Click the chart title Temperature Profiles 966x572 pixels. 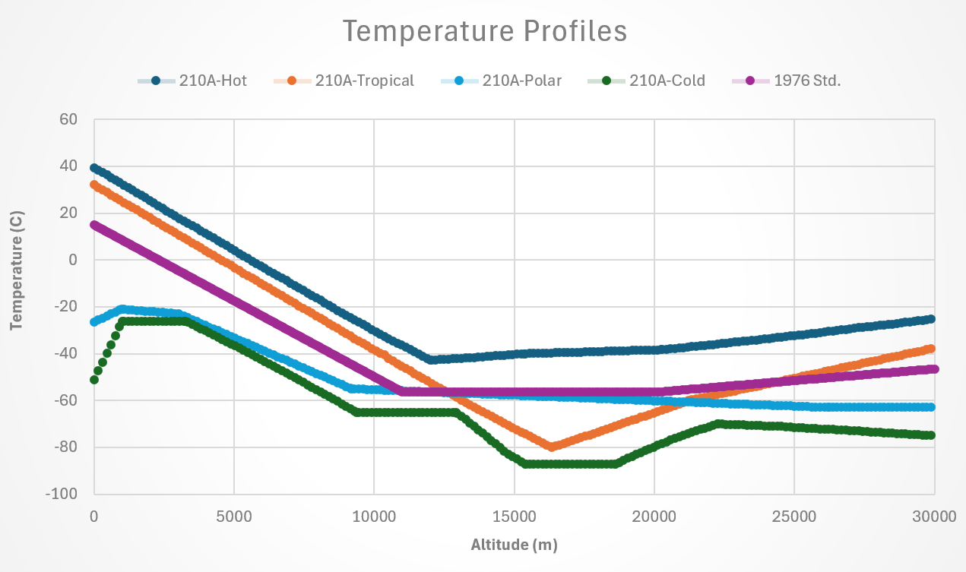pyautogui.click(x=484, y=32)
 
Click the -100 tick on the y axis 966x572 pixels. pyautogui.click(x=63, y=494)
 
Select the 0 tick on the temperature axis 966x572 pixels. pyautogui.click(x=74, y=260)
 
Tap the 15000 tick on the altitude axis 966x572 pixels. pyautogui.click(x=514, y=515)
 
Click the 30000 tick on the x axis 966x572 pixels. pyautogui.click(x=934, y=515)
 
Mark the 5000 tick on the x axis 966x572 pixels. pyautogui.click(x=233, y=515)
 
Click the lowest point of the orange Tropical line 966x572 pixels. pyautogui.click(x=552, y=447)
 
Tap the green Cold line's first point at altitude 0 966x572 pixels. pyautogui.click(x=94, y=380)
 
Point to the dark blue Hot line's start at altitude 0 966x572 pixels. pyautogui.click(x=94, y=168)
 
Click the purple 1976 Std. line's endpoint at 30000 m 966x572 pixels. pyautogui.click(x=934, y=369)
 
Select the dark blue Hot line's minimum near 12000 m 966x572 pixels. pyautogui.click(x=431, y=359)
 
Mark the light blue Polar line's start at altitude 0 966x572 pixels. pyautogui.click(x=94, y=322)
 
